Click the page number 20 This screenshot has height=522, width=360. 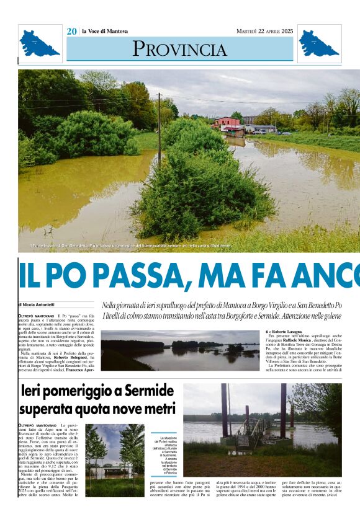coord(72,32)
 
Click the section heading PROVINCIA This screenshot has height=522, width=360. coord(179,48)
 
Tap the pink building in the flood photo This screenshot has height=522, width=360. coord(228,123)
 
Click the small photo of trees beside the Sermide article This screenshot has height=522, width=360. coord(114,459)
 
